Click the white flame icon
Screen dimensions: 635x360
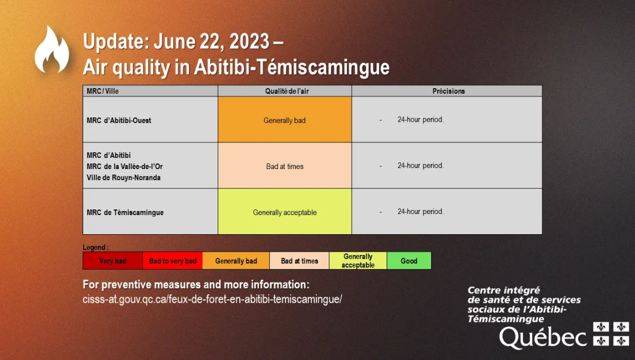pos(52,49)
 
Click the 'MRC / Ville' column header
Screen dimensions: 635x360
pos(102,91)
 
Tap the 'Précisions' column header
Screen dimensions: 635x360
pos(448,91)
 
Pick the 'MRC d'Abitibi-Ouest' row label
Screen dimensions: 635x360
pos(119,120)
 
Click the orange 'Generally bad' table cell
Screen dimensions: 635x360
pos(285,120)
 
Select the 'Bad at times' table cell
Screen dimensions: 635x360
pos(285,165)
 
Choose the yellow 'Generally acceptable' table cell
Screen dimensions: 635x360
pos(285,211)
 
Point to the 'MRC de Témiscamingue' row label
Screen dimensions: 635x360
pos(125,212)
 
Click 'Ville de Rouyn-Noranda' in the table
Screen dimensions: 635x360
pos(124,177)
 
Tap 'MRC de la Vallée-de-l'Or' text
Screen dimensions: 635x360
pos(125,166)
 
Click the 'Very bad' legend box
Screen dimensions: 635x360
pos(112,261)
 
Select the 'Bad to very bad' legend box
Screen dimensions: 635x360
pos(173,261)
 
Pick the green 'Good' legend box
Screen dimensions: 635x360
pos(409,261)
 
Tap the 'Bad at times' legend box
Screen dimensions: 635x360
pos(300,261)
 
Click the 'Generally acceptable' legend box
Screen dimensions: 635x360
pos(358,261)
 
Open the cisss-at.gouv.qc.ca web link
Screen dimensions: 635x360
pos(212,299)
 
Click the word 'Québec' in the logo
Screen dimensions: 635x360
pos(543,337)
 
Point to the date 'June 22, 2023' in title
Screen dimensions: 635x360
pos(211,42)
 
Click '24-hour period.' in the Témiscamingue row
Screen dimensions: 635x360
pos(420,211)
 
